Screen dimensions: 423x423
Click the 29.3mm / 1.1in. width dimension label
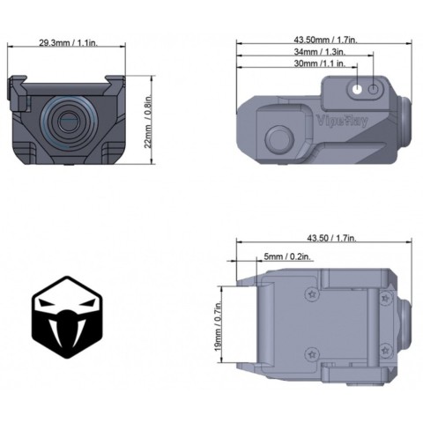(68, 42)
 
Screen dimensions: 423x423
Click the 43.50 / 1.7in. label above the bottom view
(329, 238)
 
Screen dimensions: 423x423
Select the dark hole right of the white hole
(373, 88)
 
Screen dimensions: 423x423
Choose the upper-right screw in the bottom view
(385, 298)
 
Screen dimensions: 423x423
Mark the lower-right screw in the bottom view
(385, 350)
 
